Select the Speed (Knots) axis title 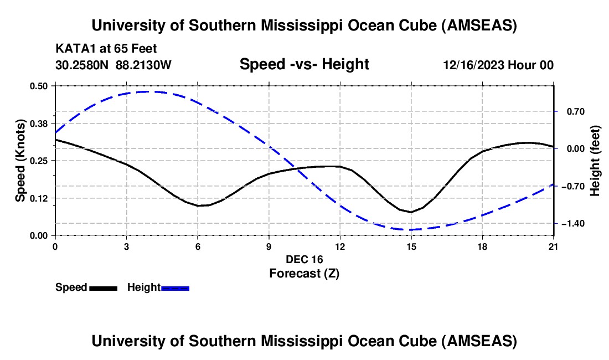point(20,161)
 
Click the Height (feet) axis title point(595,161)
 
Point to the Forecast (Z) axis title point(304,273)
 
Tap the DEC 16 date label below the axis point(304,259)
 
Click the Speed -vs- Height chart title point(304,65)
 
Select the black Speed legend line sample point(103,288)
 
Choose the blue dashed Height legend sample point(176,288)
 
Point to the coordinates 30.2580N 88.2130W point(113,65)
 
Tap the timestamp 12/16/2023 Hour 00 point(498,65)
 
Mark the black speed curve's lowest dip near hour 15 point(411,212)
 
